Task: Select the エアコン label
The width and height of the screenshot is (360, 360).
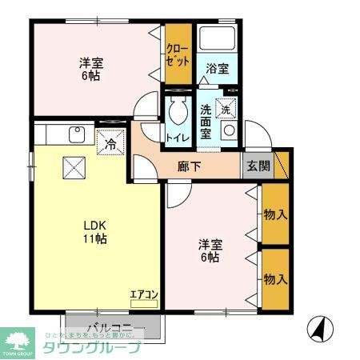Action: [x=144, y=294]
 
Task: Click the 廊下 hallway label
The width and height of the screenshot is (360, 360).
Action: [x=189, y=167]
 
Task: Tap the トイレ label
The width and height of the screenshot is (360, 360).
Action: [x=176, y=138]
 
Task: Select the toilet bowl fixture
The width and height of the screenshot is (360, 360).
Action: [x=178, y=113]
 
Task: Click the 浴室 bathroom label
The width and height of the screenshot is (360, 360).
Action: [x=217, y=68]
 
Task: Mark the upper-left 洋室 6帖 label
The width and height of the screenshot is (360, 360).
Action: [x=90, y=69]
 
